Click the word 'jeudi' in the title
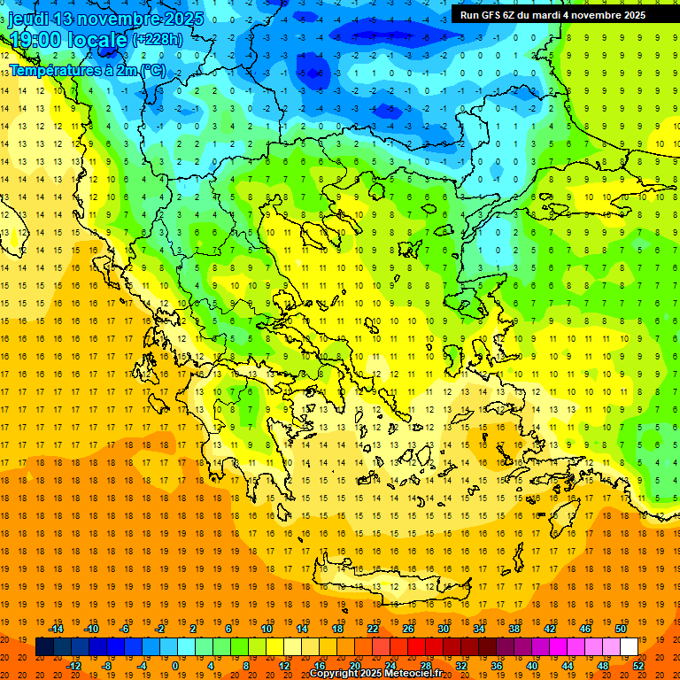[27, 19]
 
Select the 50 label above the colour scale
[621, 629]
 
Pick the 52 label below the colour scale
[638, 666]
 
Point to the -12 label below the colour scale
[74, 666]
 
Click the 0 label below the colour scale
[174, 666]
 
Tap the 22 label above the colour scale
[373, 629]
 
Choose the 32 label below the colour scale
[460, 666]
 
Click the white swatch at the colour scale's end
[629, 647]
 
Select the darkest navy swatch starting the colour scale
[44, 647]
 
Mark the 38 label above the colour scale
[514, 629]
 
